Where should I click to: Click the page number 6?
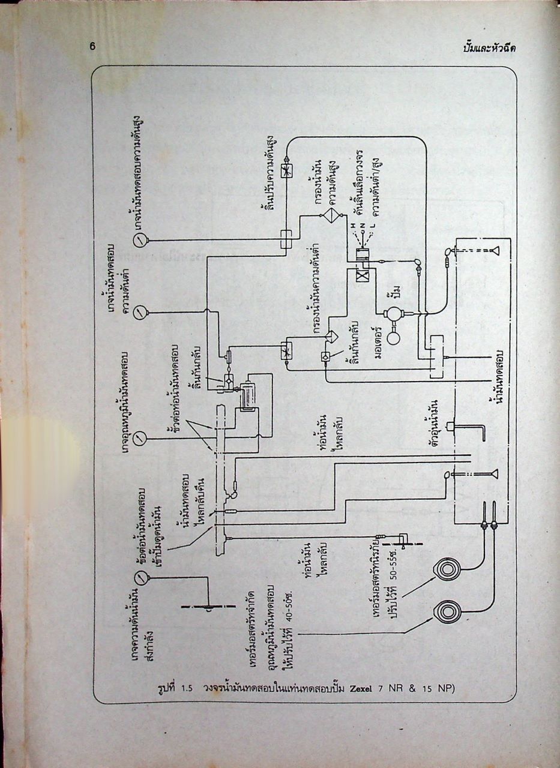point(93,47)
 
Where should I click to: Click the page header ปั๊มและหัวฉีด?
point(489,49)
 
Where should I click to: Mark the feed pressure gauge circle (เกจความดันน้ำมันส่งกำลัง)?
point(140,578)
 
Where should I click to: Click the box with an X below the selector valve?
point(362,274)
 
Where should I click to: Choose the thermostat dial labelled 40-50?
point(447,611)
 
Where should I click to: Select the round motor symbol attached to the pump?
point(394,337)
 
